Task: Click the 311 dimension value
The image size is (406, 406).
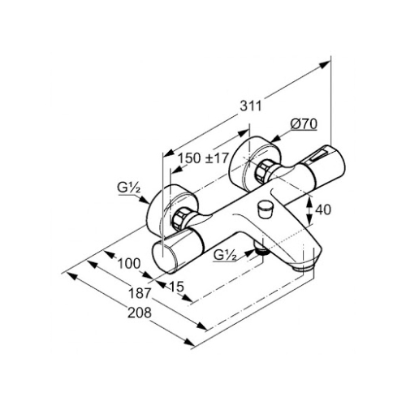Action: pos(251,106)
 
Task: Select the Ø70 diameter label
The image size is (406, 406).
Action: pos(304,124)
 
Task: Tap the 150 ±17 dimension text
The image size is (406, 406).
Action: pos(204,158)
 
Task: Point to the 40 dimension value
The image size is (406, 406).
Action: pos(323,209)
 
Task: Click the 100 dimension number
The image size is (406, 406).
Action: pos(129,263)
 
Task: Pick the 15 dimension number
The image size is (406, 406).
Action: pos(176,287)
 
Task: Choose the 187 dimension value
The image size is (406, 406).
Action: pos(140,293)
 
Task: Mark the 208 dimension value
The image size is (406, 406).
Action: pos(140,313)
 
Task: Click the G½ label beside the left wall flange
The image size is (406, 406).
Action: pos(129,188)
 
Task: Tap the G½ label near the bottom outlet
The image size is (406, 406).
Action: pos(225,255)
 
